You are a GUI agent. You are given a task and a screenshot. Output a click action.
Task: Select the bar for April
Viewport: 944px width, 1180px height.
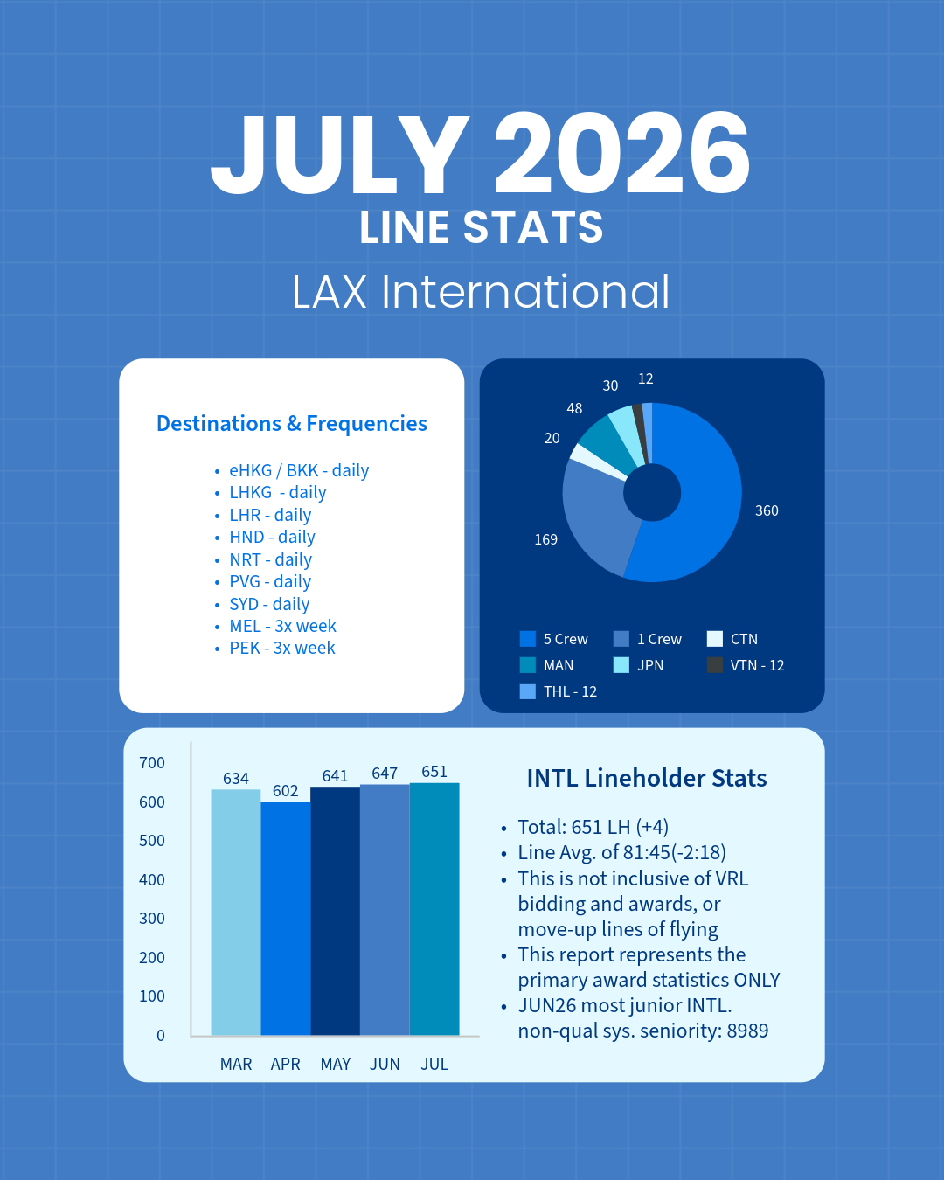coord(285,919)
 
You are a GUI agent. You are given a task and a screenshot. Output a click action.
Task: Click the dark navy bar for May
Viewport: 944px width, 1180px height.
coord(335,911)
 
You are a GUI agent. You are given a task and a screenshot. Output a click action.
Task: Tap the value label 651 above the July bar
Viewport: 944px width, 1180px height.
coord(434,772)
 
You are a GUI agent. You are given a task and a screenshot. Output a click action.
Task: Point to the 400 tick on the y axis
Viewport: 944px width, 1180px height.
coord(152,879)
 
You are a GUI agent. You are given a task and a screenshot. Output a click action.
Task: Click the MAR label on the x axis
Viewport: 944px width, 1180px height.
coord(236,1064)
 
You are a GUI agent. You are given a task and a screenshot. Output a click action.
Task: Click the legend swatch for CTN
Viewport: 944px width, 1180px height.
coord(714,639)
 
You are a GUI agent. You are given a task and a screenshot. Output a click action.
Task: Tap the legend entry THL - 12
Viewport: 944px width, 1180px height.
coord(559,691)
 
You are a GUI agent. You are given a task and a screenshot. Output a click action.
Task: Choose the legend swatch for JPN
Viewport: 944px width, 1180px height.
coord(621,665)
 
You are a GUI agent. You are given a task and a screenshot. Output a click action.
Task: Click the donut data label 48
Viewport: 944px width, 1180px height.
coord(574,408)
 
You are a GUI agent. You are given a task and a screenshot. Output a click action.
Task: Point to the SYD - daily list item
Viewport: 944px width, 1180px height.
coord(269,604)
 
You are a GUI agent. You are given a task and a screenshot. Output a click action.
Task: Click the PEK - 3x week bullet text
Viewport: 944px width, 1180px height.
coord(282,648)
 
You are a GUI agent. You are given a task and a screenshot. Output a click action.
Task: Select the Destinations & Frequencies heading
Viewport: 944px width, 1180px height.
coord(292,423)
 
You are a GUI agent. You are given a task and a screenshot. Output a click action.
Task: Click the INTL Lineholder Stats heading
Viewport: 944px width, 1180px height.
coord(647,778)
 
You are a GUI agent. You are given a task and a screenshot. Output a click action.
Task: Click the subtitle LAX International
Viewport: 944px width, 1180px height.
coord(481,291)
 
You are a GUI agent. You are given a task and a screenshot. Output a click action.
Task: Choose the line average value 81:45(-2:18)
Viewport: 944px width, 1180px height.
coord(676,852)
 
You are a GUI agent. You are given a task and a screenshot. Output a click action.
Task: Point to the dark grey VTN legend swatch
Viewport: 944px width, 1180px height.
coord(714,665)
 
